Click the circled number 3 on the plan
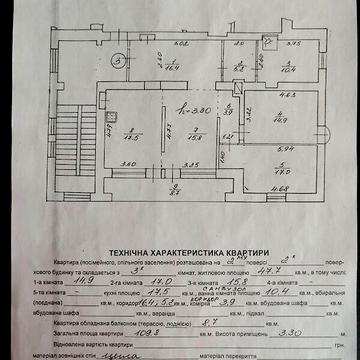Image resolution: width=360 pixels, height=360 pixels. [x=118, y=61]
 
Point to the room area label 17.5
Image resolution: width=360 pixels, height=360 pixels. [x=131, y=138]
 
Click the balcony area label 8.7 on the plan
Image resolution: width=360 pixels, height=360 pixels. [x=174, y=193]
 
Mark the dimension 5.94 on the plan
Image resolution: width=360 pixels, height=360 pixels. [x=287, y=148]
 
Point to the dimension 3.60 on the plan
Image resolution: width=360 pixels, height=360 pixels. [x=129, y=165]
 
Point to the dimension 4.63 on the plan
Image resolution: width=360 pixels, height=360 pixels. [x=284, y=96]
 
